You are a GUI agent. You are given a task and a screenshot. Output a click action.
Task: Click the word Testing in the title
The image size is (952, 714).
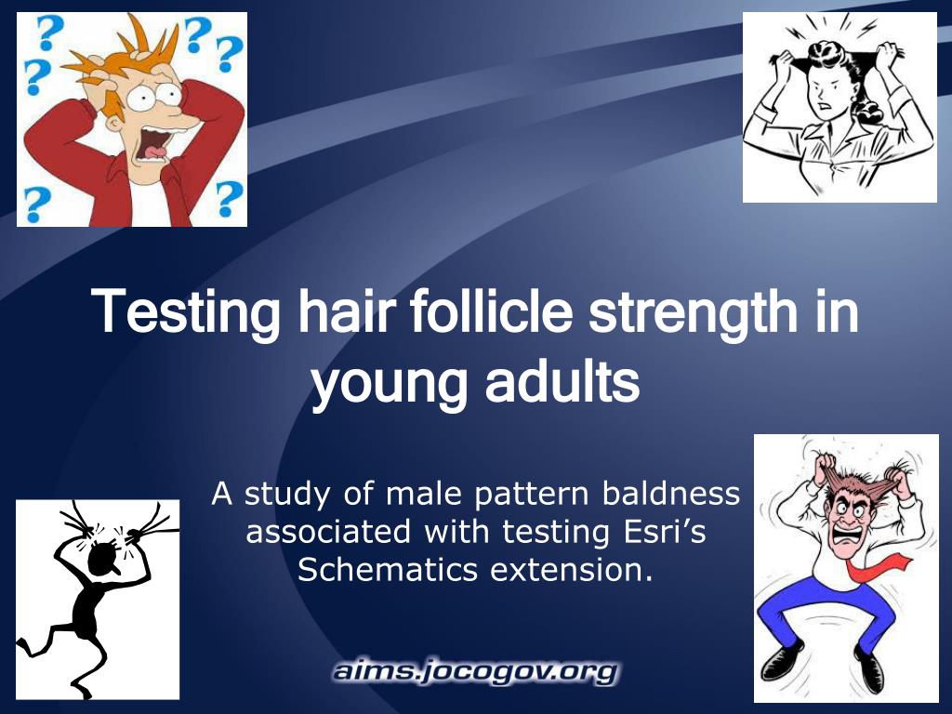(x=185, y=312)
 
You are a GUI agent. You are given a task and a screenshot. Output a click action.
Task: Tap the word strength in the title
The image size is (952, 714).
(x=693, y=312)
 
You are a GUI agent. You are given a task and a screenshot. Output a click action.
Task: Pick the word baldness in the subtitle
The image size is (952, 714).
(x=671, y=493)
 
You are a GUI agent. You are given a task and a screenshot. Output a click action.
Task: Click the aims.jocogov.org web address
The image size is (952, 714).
(x=475, y=671)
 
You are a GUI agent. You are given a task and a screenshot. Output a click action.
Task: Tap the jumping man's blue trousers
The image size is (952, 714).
(x=826, y=614)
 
